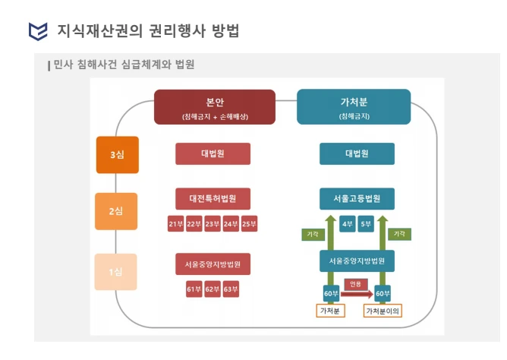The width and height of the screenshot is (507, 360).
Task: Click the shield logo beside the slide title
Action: (x=38, y=31)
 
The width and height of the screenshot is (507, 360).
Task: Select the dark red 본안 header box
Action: (x=215, y=107)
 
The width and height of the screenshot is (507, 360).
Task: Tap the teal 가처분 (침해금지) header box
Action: (x=354, y=107)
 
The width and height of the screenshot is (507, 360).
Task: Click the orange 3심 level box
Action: (x=118, y=155)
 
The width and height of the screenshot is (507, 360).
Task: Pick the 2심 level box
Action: (x=116, y=211)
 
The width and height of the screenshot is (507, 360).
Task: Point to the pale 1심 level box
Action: (x=116, y=272)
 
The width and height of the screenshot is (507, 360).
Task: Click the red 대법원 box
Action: (x=213, y=153)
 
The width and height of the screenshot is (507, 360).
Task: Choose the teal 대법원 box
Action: (x=357, y=153)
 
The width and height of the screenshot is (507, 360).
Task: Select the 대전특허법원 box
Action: (x=213, y=198)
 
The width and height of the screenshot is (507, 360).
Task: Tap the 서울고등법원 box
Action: (x=357, y=198)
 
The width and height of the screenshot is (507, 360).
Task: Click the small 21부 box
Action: (x=175, y=224)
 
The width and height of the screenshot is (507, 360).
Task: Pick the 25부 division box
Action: (x=249, y=224)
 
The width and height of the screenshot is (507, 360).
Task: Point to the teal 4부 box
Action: (x=348, y=224)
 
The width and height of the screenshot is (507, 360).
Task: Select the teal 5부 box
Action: (x=366, y=224)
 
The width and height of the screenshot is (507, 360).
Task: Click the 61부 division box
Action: (x=194, y=289)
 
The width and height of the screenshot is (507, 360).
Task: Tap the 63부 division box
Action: (x=231, y=289)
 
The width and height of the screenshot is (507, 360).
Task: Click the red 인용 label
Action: (x=355, y=284)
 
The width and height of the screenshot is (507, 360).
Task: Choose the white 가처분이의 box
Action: (x=383, y=311)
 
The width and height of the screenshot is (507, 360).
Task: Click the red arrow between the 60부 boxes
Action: (x=357, y=294)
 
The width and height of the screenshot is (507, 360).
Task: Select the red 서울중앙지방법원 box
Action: (x=213, y=264)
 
